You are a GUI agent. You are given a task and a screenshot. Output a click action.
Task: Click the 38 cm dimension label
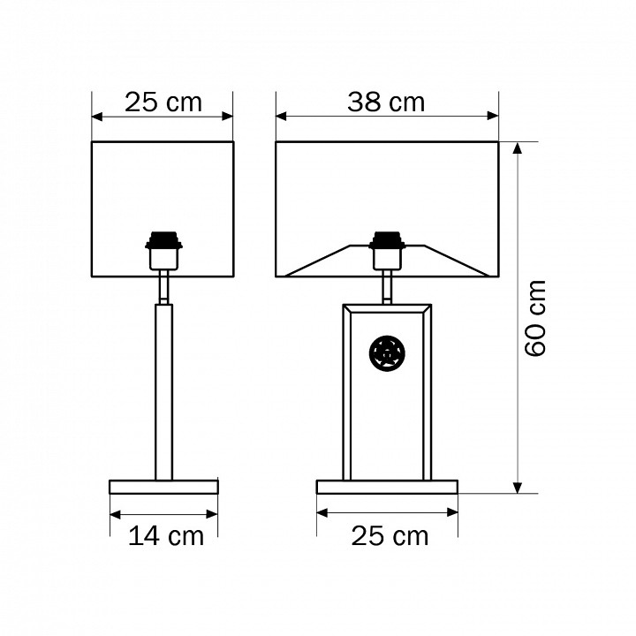pos(386,102)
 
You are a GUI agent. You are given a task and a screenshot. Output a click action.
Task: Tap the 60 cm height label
pos(535,318)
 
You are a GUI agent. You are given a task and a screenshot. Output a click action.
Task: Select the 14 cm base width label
pos(166,536)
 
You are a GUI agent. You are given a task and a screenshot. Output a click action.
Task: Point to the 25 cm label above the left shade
pos(163,102)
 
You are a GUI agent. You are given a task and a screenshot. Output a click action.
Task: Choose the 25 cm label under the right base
pos(390,536)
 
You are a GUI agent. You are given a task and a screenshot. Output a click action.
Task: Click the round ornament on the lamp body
pos(387,352)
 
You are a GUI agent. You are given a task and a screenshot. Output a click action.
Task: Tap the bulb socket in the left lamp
pos(164,251)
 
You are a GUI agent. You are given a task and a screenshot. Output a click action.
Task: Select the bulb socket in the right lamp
pos(388,251)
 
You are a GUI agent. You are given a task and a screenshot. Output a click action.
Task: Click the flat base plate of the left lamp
pos(164,487)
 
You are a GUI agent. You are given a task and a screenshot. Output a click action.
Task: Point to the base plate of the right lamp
pos(388,487)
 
